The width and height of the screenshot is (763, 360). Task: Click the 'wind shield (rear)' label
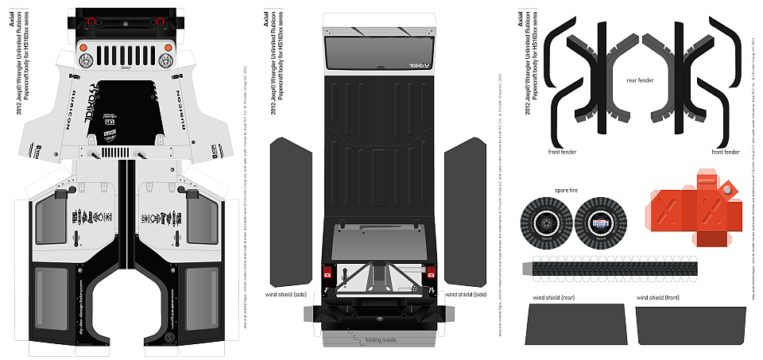[x=554, y=297]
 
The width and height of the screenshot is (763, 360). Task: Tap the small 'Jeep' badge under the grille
[x=126, y=70]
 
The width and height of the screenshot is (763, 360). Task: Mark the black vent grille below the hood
[x=117, y=152]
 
